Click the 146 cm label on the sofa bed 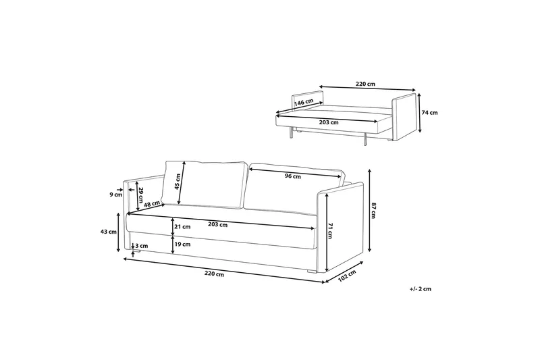(304, 102)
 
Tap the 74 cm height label (430, 113)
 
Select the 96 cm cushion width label (293, 176)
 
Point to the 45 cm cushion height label (177, 182)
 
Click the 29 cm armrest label (140, 195)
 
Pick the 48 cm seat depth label (152, 204)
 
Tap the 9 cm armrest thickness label (116, 195)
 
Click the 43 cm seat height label (108, 232)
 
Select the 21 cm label (182, 227)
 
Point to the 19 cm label (182, 245)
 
